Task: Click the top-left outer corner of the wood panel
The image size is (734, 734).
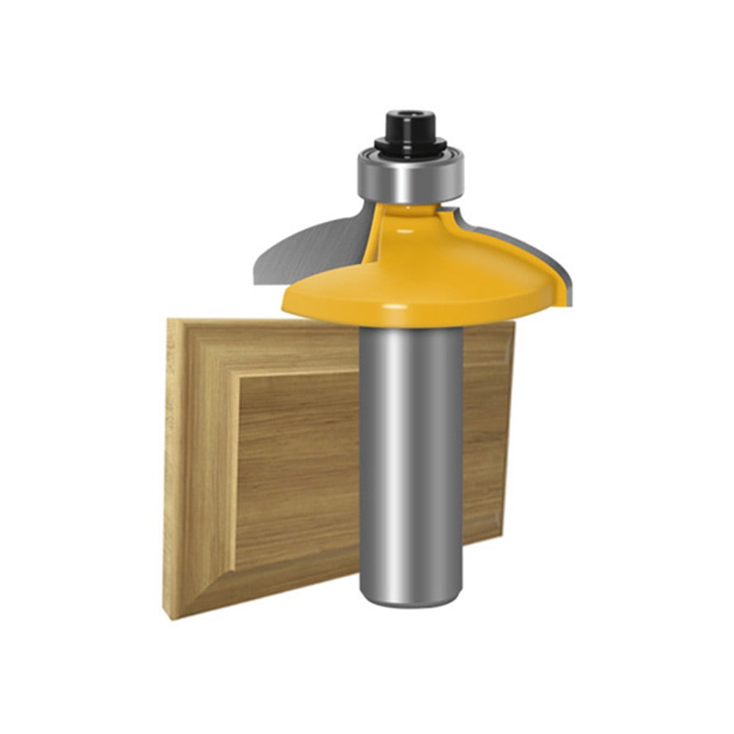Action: (169, 320)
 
